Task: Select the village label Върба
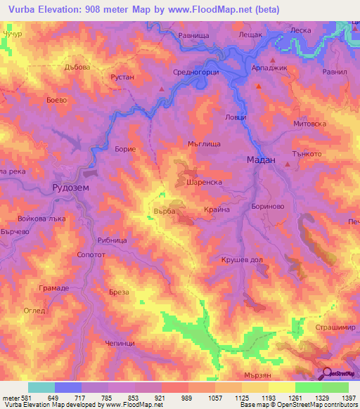[x=163, y=209]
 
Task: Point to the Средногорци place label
[x=196, y=72]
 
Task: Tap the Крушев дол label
[x=242, y=259]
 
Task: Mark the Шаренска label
[x=205, y=181]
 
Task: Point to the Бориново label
[x=267, y=207]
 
